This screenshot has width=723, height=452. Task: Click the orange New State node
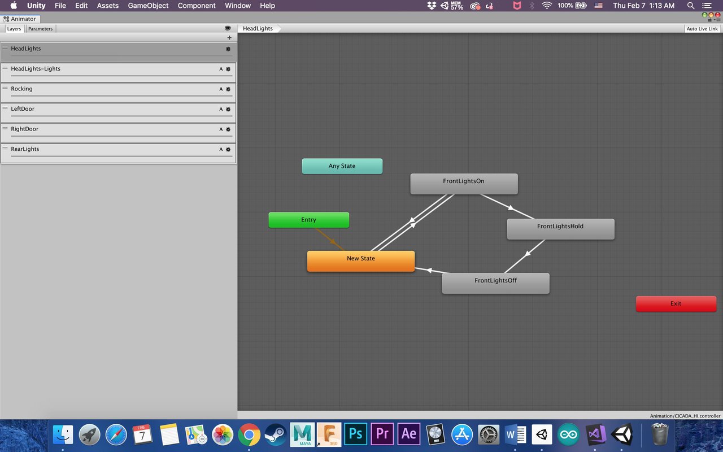[x=361, y=261]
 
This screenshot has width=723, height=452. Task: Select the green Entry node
[x=308, y=220]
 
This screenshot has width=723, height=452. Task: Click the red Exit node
[x=676, y=304]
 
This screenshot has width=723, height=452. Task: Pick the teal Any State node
[x=342, y=166]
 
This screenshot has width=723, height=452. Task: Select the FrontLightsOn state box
[x=464, y=184]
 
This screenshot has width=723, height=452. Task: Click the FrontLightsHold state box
[x=561, y=229]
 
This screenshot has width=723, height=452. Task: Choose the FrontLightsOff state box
[x=495, y=283]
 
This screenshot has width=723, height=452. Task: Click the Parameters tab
[x=40, y=29]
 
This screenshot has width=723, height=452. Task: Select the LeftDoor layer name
[x=23, y=109]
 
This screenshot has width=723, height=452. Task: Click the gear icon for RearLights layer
[x=228, y=150]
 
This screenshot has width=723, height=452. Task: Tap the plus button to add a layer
[x=229, y=38]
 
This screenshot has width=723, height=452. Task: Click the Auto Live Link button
[x=702, y=29]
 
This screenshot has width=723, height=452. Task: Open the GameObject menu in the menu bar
[x=148, y=6]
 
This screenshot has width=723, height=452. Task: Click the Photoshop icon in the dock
[x=355, y=433]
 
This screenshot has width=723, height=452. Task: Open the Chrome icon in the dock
[x=249, y=434]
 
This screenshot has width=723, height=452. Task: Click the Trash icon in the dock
[x=659, y=433]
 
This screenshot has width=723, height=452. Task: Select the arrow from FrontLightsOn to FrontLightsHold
[x=507, y=207]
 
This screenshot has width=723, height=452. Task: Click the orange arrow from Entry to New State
[x=330, y=240]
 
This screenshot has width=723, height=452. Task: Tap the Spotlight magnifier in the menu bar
[x=690, y=6]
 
